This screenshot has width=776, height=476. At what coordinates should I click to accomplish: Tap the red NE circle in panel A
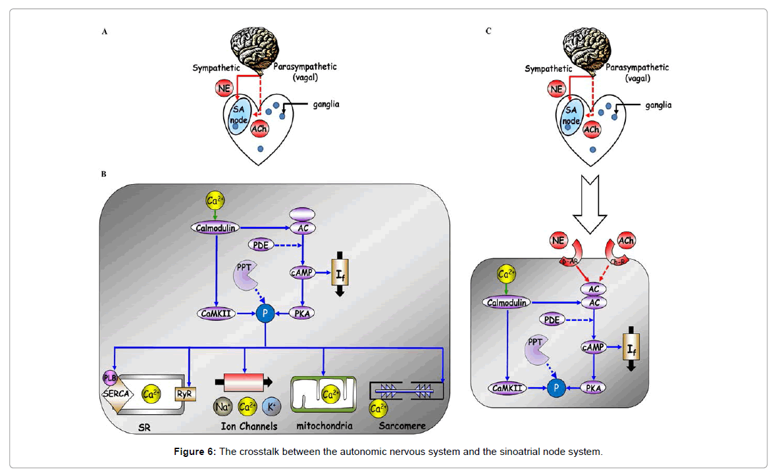(224, 87)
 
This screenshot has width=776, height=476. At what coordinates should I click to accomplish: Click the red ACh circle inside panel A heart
(259, 129)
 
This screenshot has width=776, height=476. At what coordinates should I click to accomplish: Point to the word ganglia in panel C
(658, 105)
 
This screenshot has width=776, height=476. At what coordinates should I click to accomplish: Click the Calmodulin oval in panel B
(215, 227)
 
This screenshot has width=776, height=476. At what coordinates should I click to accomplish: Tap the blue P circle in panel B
(265, 314)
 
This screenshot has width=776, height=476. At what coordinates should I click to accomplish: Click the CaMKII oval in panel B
(216, 314)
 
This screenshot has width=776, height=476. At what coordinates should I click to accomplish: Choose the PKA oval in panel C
(594, 388)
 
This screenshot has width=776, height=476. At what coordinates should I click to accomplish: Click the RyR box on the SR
(184, 394)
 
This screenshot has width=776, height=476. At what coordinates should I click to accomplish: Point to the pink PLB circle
(109, 377)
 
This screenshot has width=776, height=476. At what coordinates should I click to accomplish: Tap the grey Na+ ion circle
(222, 408)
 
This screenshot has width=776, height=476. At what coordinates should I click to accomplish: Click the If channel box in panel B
(340, 272)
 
